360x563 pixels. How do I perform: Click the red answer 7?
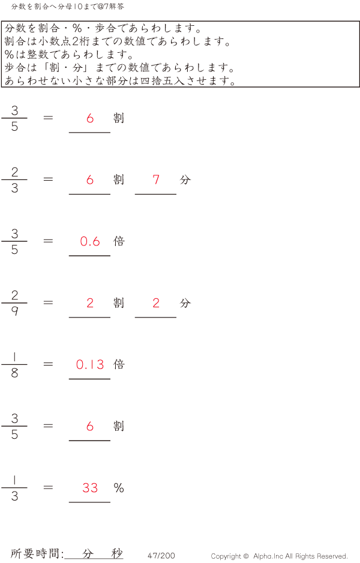point(156,179)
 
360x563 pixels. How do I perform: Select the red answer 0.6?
point(90,241)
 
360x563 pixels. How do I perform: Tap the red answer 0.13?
point(90,364)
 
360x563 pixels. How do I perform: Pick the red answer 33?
point(90,488)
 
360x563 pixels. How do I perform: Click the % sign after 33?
point(119,488)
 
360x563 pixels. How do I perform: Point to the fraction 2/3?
point(14,180)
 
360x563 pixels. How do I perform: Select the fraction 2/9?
point(14,303)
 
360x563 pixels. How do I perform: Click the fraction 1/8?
point(14,365)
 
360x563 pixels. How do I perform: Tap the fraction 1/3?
point(14,488)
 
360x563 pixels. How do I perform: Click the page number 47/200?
point(161,556)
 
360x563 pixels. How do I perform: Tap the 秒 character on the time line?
point(116,554)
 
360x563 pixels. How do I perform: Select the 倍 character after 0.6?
point(119,241)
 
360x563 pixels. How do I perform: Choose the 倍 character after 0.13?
point(119,364)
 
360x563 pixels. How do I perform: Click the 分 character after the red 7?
point(185,179)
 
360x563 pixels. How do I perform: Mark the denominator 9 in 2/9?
point(14,312)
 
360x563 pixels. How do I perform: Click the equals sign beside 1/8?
point(49,364)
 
